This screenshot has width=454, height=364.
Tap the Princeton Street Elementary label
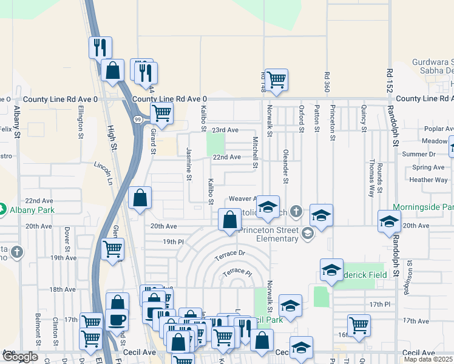(269, 234)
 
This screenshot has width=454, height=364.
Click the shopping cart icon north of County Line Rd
(276, 79)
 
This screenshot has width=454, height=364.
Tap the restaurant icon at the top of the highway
(100, 47)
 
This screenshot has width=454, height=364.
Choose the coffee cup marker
(117, 320)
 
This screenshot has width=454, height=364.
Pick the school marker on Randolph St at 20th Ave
(389, 221)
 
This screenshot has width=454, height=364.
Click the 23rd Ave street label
(225, 130)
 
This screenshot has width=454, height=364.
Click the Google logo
(21, 357)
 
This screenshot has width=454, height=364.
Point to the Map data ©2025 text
(429, 359)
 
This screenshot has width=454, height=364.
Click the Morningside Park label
(422, 207)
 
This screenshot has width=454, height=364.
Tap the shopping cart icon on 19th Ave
(112, 249)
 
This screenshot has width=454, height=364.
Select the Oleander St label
(285, 166)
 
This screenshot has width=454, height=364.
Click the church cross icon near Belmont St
(17, 251)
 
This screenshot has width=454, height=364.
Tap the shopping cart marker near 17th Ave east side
(359, 325)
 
